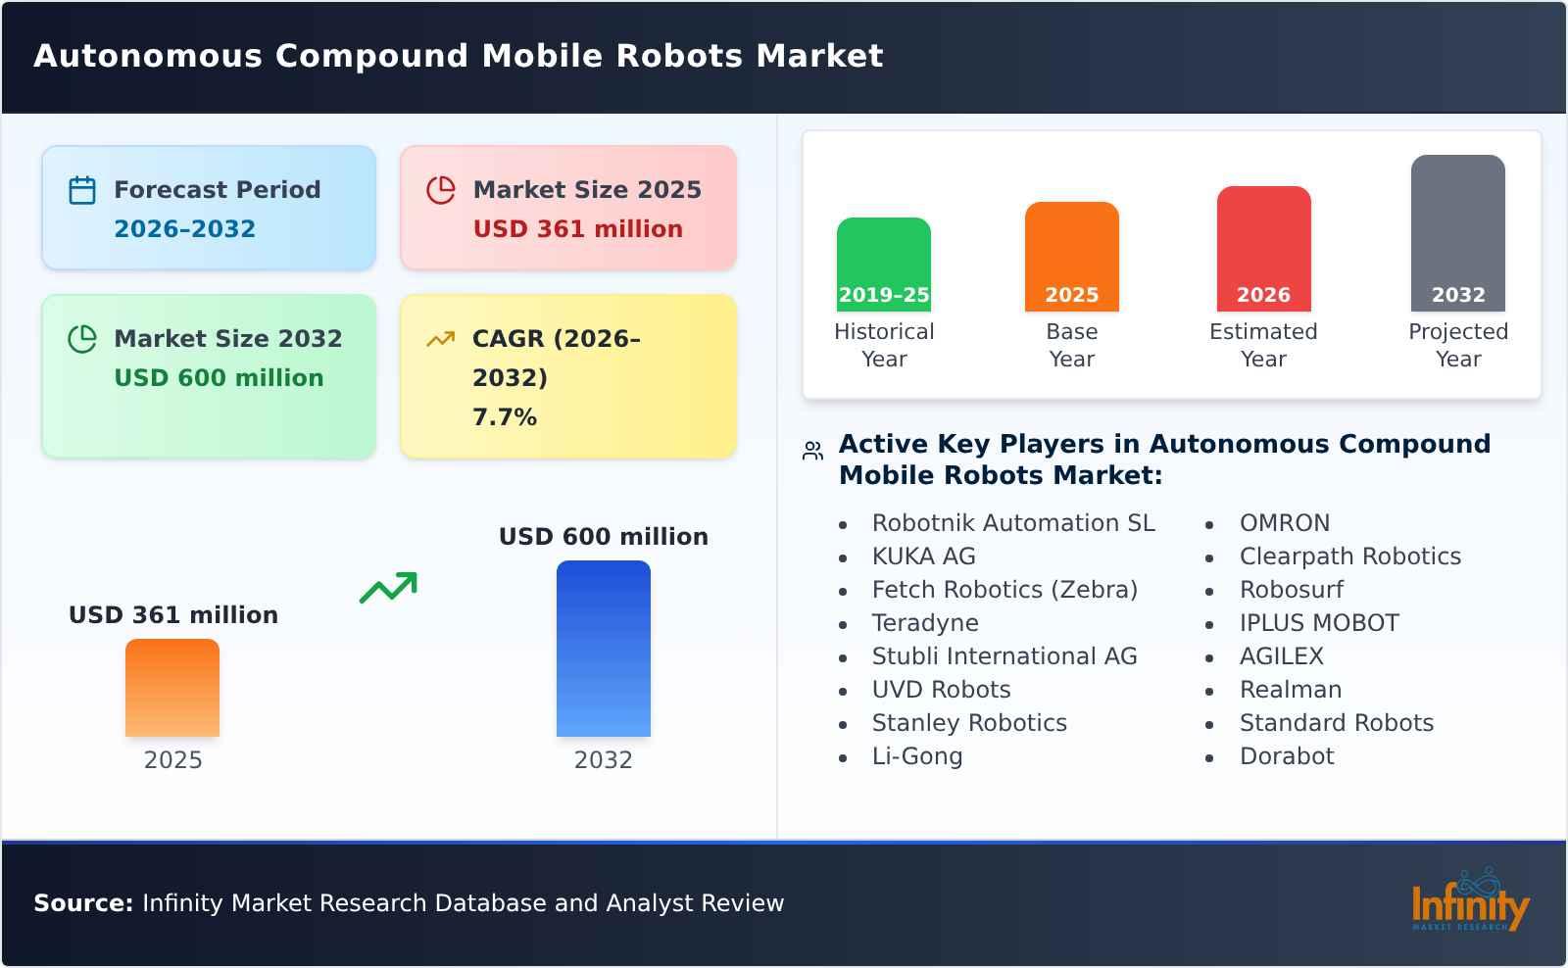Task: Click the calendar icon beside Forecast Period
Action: pos(82,190)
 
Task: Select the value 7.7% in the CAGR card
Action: pos(504,417)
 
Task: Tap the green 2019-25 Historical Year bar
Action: pos(883,265)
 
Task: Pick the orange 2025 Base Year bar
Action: pos(1071,257)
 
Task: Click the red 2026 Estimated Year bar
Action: pos(1263,249)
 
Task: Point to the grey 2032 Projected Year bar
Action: pos(1457,233)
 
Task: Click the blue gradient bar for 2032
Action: pos(603,649)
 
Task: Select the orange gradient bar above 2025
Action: pos(172,688)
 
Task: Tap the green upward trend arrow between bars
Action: pos(388,588)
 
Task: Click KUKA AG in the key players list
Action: pos(923,557)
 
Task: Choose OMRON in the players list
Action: pos(1284,523)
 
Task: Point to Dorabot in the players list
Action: pos(1286,756)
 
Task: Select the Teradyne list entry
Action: pos(924,623)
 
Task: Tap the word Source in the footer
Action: pos(82,903)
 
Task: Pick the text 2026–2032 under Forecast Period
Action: pos(184,229)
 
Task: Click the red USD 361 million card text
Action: pos(577,229)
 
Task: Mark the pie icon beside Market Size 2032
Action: pos(82,339)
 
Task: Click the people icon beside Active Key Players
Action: pos(812,451)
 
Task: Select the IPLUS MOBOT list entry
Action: pos(1318,623)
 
